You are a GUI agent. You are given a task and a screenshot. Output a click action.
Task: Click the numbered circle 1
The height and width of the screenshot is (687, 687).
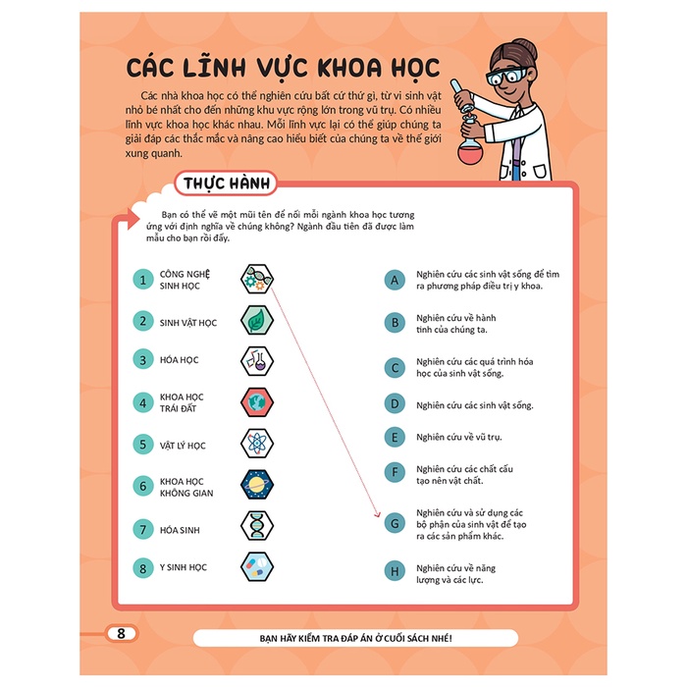point(143,280)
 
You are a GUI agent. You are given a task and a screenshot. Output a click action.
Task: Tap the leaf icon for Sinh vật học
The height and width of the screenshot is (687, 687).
point(257,320)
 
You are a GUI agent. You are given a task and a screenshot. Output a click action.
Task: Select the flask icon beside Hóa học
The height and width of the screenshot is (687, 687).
point(257,361)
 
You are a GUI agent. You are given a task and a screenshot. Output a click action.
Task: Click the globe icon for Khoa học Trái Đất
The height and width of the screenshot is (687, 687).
point(257,402)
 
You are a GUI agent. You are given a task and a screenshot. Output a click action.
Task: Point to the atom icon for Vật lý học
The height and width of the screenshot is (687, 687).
point(257,444)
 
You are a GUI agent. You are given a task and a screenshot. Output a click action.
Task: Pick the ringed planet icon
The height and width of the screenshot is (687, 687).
point(257,485)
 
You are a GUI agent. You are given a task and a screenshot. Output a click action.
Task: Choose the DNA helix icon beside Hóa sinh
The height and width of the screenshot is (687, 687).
point(257,526)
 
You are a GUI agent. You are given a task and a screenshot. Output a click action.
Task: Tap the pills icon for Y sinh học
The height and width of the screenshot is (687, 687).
point(257,566)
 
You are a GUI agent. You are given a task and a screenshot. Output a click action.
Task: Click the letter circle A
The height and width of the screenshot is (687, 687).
point(395,280)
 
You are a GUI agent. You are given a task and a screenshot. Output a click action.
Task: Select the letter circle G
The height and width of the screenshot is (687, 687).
point(395,523)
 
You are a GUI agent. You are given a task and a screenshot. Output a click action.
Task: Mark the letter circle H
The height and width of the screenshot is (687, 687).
point(395,571)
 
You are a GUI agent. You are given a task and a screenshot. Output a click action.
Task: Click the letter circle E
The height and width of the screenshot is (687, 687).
point(395,438)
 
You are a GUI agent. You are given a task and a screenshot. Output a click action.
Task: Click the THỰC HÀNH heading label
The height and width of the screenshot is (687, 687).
point(226,184)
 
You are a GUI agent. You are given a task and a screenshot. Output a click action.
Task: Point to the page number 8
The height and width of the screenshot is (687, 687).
point(122,633)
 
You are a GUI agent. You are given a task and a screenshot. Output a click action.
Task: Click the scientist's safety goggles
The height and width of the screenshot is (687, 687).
point(507,77)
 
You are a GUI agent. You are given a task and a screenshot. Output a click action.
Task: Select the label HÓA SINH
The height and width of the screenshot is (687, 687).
point(180,530)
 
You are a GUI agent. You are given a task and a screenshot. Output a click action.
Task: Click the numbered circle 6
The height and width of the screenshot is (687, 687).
point(143,486)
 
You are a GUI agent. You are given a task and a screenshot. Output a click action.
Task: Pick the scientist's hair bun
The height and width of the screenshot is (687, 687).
point(527,46)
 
